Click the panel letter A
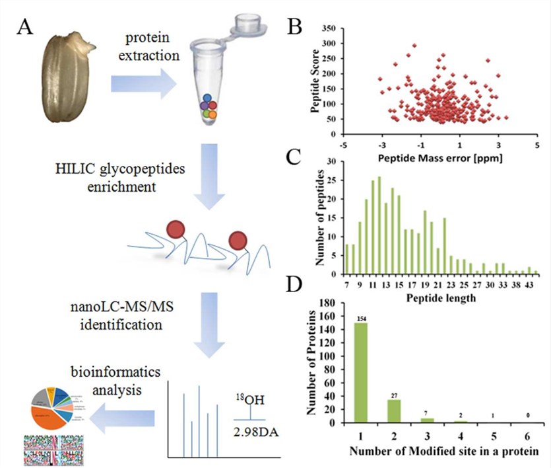[x=27, y=27]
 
